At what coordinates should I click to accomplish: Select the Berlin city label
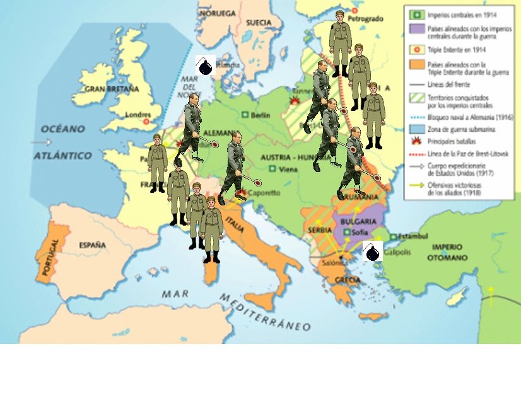pos(260,115)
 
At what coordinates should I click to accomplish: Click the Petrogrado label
pos(365,19)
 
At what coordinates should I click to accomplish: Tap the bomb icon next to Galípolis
pos(373,252)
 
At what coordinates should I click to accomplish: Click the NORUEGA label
pos(217,13)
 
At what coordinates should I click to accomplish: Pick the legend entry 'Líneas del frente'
pos(450,83)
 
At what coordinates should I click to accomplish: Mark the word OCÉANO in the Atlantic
pos(62,129)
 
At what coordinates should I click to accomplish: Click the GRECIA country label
pos(349,280)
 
